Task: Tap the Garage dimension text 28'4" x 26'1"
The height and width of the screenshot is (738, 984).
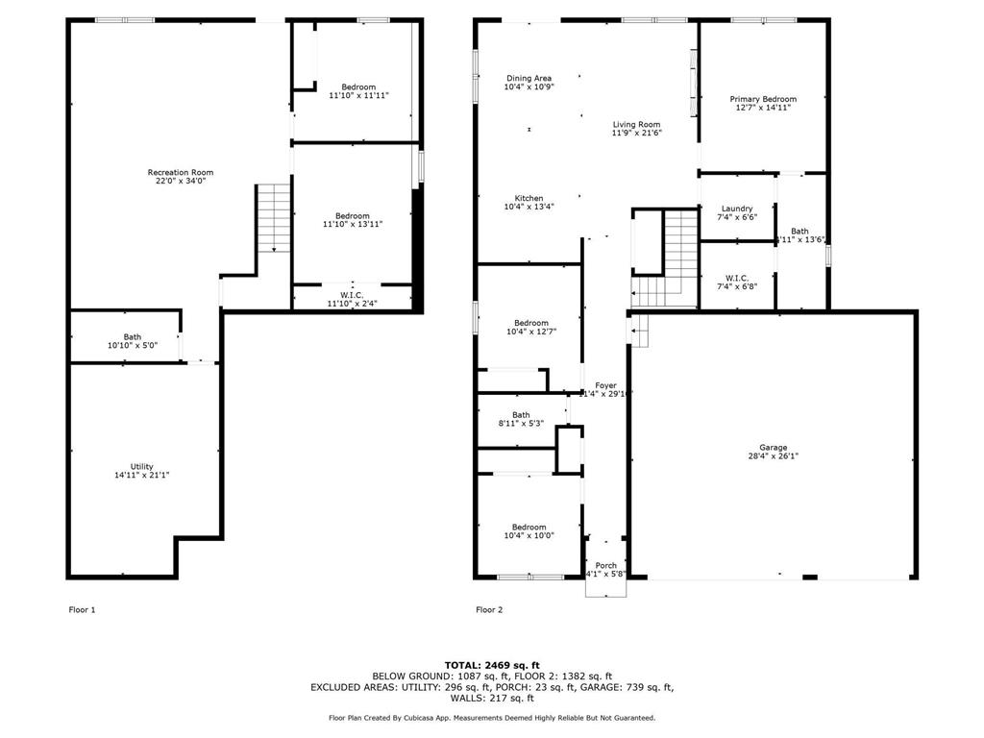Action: pos(774,457)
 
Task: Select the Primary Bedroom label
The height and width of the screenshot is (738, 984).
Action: pos(763,99)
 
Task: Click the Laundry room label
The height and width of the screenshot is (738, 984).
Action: pos(737,209)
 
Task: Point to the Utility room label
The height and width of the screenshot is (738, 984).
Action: pos(142,466)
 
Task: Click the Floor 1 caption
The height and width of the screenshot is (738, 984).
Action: pos(83,609)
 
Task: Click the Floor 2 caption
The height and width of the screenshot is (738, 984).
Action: pos(489,609)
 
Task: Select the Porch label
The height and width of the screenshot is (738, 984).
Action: pos(606,565)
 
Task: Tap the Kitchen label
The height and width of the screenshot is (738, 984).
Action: pos(529,198)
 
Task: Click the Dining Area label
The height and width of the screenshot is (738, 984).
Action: pos(529,79)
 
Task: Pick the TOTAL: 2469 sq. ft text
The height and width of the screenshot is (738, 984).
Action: pos(492,665)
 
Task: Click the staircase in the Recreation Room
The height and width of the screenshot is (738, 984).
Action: pos(274,217)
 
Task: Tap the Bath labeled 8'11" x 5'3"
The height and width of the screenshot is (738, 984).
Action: pos(521,415)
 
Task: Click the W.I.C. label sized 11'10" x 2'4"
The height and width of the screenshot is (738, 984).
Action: pos(352,295)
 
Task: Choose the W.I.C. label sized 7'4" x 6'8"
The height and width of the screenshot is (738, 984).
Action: pos(737,278)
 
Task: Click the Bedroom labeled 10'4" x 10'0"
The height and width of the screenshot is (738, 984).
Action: pos(529,527)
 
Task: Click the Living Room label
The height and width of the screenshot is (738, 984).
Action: pos(637,124)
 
